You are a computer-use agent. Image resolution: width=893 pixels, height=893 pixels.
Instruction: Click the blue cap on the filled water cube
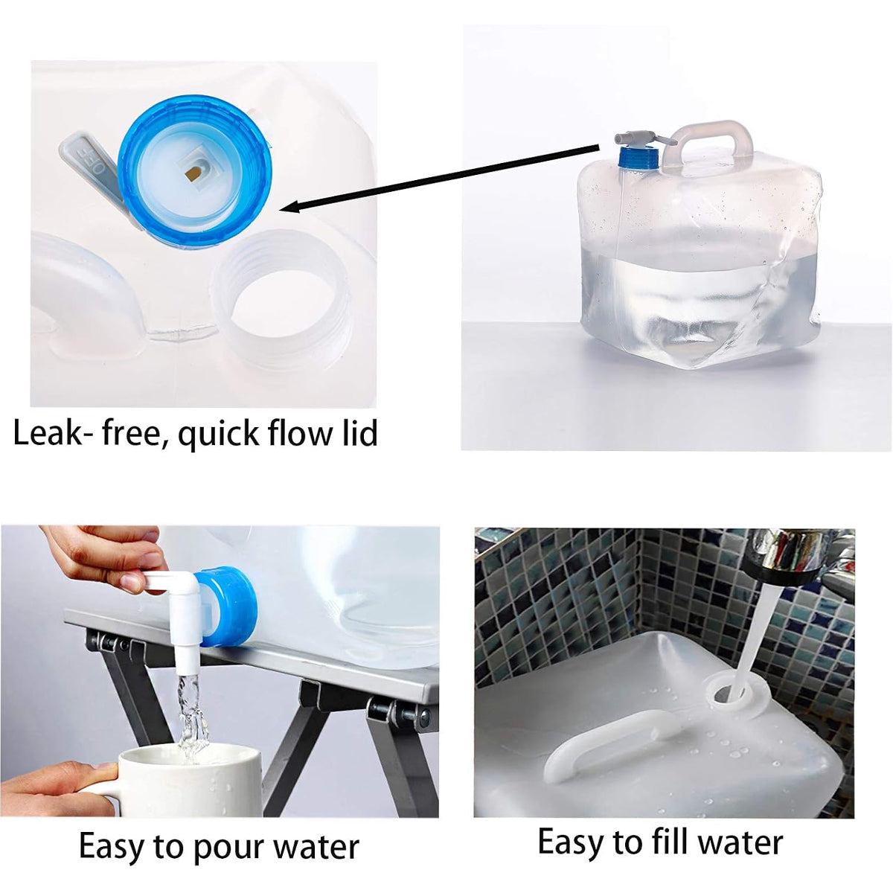coord(638,158)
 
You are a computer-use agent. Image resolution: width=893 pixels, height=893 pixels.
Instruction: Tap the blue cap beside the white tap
coord(225,606)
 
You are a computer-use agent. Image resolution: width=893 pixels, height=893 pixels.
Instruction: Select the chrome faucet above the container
coord(788,554)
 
